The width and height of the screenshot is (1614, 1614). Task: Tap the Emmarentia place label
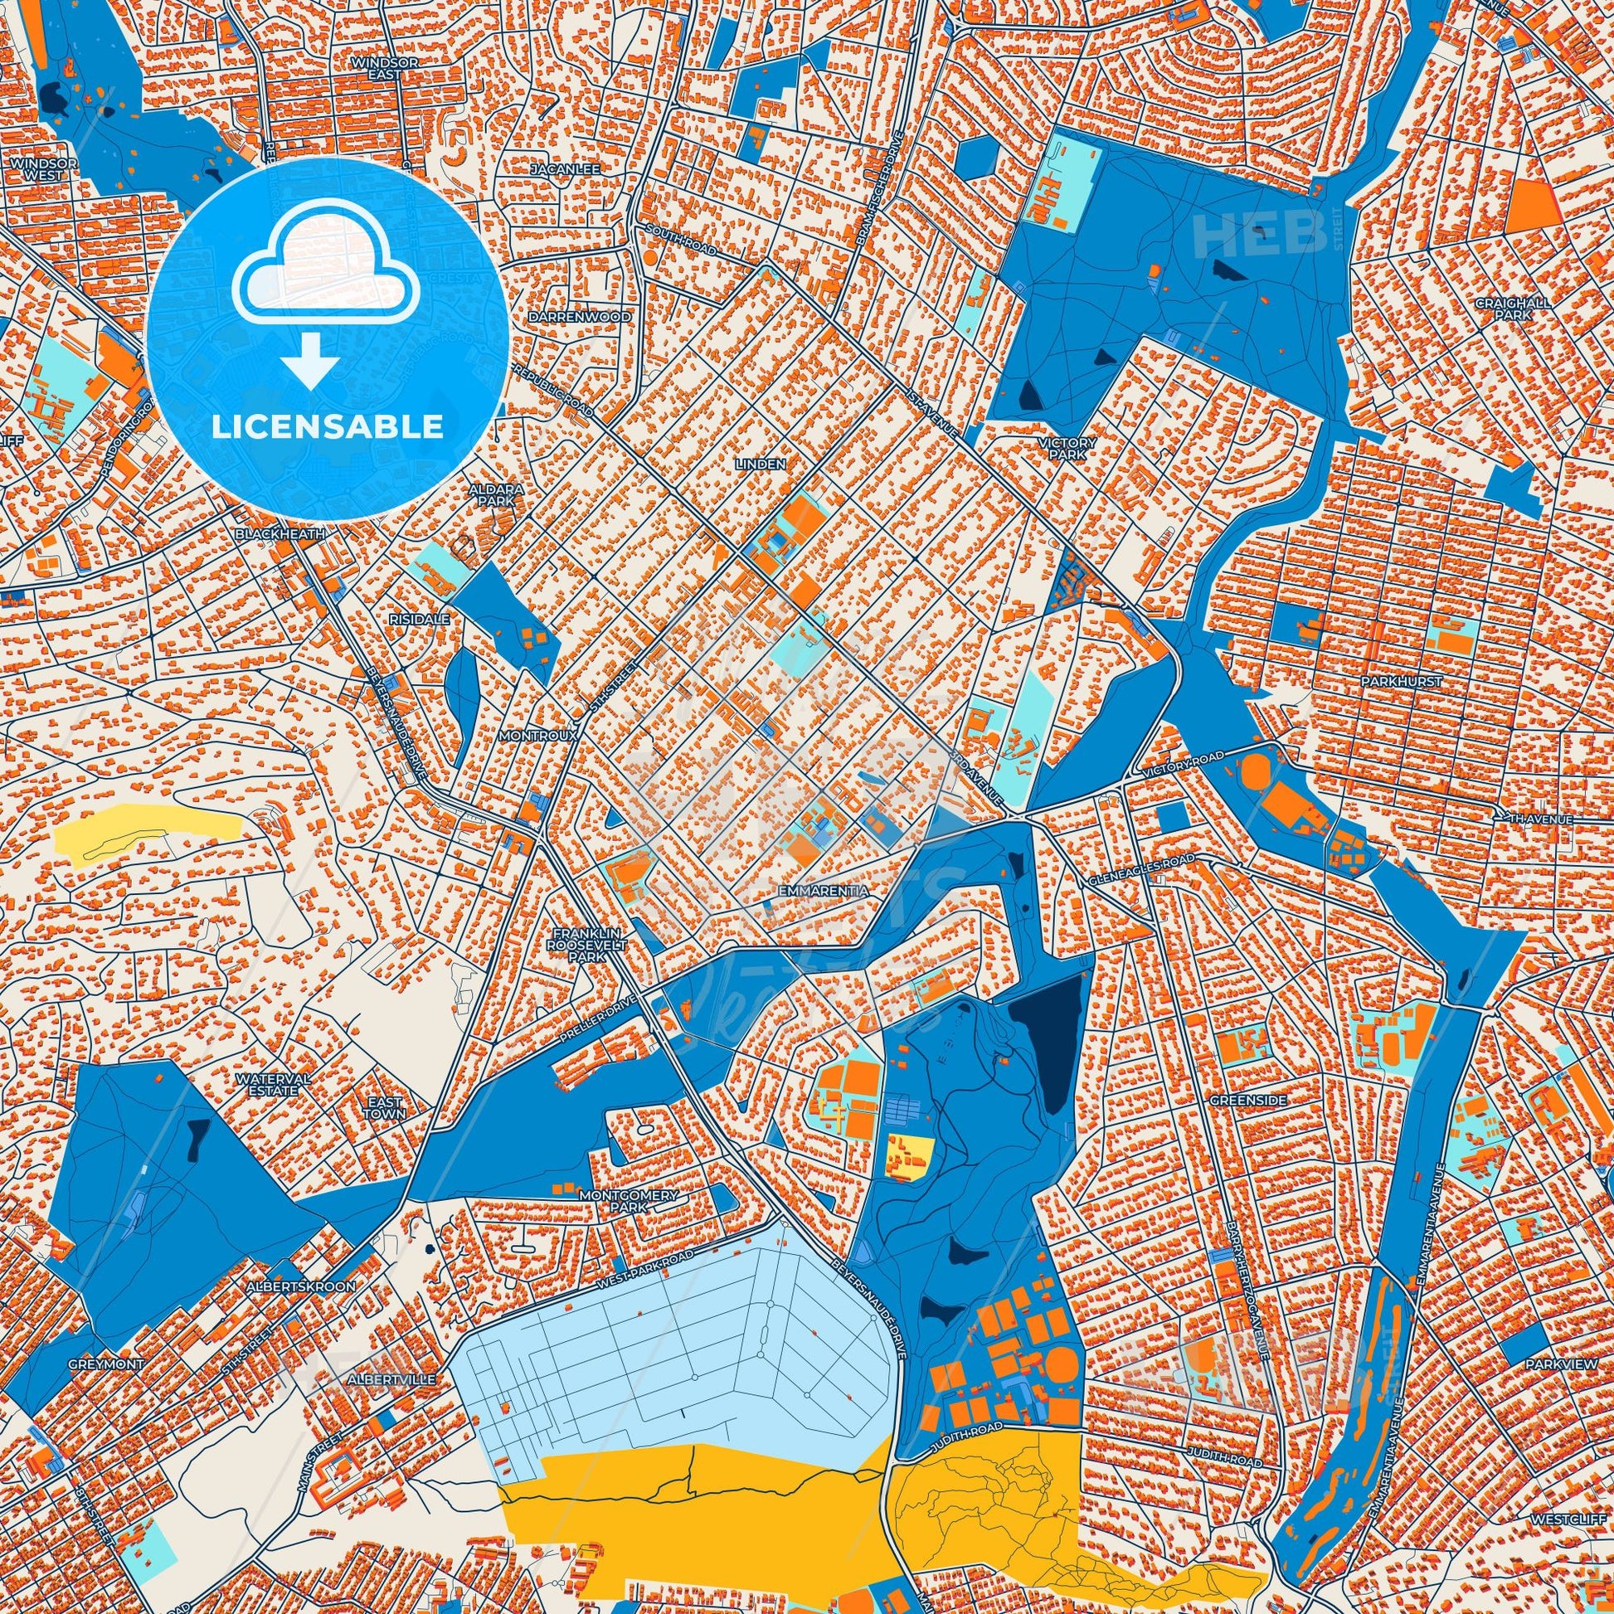click(823, 892)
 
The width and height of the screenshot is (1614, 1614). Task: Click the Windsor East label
click(384, 68)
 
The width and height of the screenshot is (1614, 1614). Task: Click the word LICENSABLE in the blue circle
click(327, 427)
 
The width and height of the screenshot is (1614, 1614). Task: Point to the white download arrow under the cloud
click(310, 362)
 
